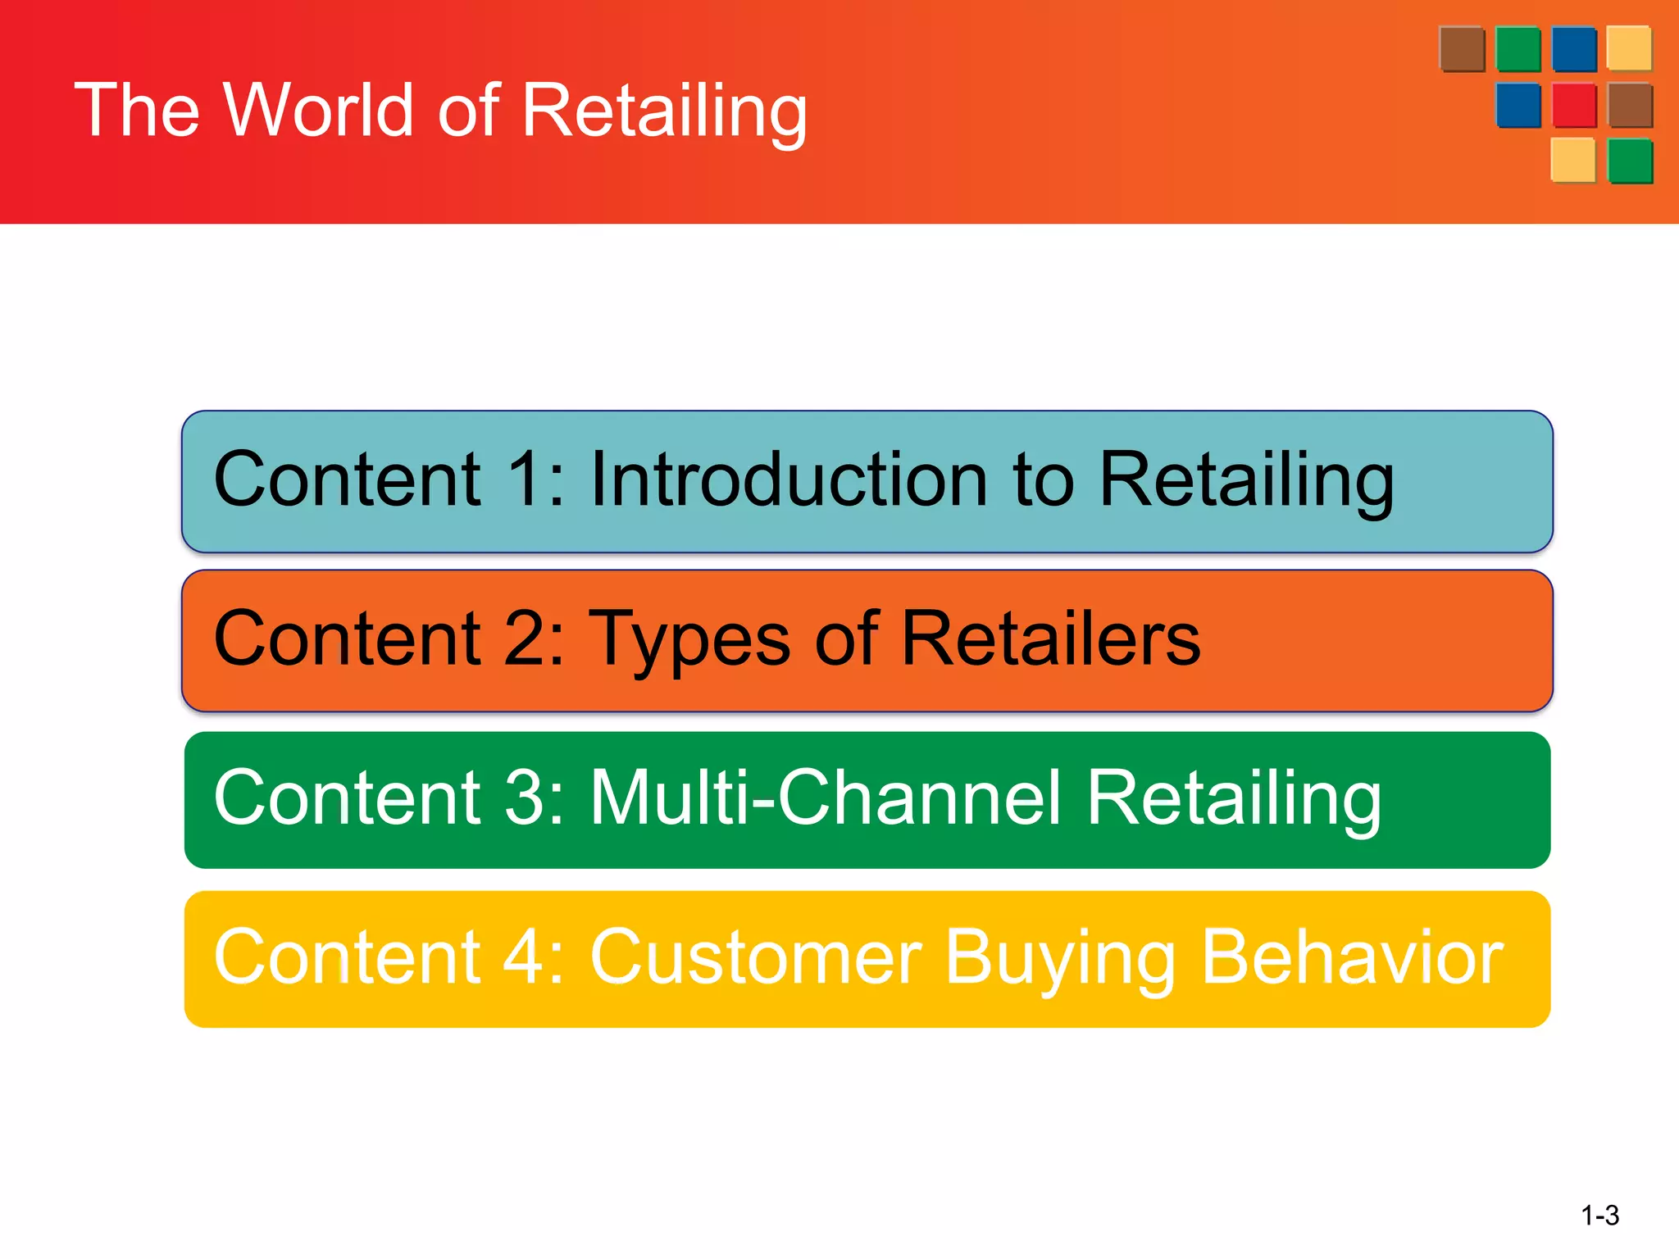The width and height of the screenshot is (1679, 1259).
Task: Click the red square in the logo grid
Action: click(1574, 106)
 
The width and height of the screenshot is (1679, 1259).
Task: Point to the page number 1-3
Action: click(1599, 1215)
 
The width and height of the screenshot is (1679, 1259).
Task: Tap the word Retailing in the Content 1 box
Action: click(1246, 482)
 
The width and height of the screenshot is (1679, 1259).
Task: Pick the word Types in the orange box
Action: click(691, 641)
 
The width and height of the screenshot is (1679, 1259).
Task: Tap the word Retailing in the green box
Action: click(1234, 800)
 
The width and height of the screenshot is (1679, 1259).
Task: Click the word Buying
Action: click(1062, 959)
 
